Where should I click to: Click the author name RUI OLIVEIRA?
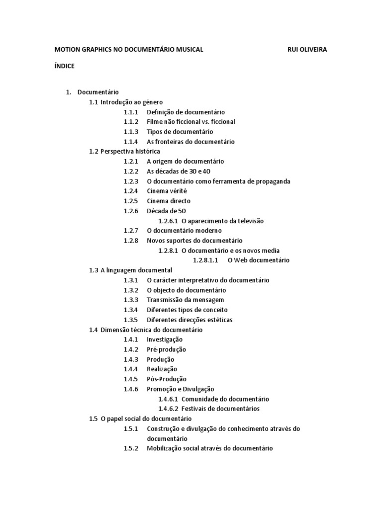(307, 50)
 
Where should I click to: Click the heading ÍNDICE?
(64, 66)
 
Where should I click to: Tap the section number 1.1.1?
(131, 112)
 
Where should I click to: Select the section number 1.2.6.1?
(168, 221)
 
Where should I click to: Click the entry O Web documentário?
(258, 260)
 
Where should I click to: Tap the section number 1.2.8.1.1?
(205, 260)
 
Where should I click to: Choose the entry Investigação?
(165, 339)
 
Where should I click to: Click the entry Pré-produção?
(166, 349)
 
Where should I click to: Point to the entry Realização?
(162, 369)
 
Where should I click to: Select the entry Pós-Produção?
(166, 379)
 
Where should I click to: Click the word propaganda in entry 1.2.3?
(272, 181)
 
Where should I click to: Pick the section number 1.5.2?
(131, 448)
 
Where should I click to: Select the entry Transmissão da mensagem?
(185, 300)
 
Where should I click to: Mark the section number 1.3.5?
(131, 320)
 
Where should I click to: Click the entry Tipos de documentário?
(180, 132)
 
